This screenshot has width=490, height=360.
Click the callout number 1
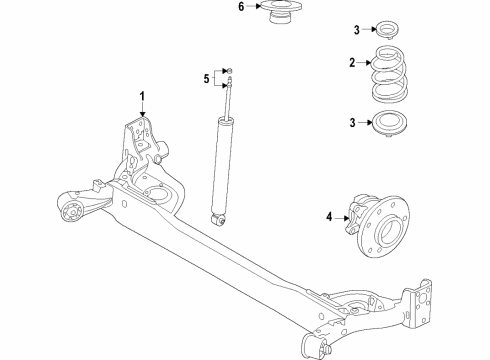pos(142,96)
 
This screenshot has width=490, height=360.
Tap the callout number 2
pos(352,62)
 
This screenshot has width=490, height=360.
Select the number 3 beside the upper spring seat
pos(357,30)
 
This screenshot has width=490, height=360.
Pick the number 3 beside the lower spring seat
pos(352,123)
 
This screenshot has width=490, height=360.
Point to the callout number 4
pos(329,217)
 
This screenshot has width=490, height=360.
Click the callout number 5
pos(207,79)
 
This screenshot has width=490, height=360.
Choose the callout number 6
pos(241,6)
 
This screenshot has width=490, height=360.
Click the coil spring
pos(389,74)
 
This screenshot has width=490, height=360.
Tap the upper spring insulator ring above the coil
pos(388,30)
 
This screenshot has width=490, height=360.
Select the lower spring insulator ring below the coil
pos(389,123)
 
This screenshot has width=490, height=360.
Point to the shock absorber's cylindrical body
pos(221,167)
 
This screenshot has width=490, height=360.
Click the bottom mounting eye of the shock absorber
pos(218,220)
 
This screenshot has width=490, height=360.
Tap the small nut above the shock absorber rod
pos(229,71)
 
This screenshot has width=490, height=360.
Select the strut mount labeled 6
pos(280,12)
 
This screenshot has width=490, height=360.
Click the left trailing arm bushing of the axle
pos(72,212)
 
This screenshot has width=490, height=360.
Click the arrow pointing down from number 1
pos(143,109)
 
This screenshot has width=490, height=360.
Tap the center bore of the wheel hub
pos(389,229)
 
